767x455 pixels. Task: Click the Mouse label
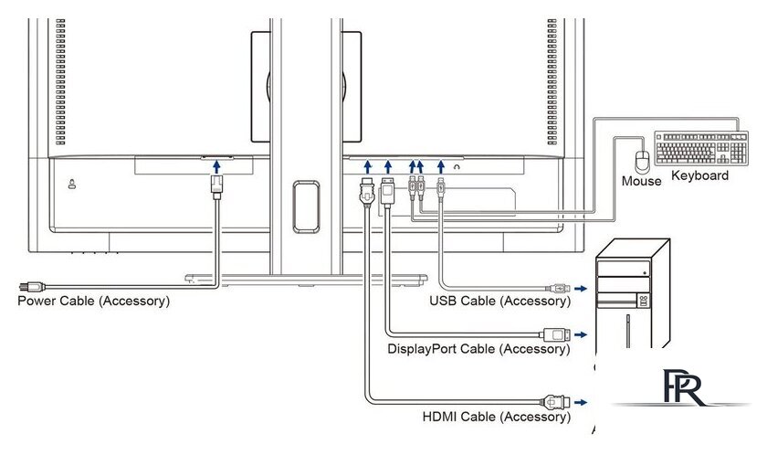[641, 181]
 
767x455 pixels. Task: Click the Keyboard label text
[699, 175]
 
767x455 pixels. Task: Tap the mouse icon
[642, 162]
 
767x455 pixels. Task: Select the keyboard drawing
[701, 148]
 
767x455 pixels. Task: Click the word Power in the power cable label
[37, 301]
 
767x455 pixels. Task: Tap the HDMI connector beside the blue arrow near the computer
[555, 402]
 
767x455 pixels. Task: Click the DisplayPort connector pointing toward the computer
[555, 334]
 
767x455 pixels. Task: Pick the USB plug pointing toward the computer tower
[558, 289]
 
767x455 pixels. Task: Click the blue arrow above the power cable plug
[216, 167]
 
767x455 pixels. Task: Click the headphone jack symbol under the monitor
[457, 167]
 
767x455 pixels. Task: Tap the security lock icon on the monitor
[72, 184]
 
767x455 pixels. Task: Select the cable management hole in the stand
[306, 206]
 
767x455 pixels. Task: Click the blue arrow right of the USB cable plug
[581, 289]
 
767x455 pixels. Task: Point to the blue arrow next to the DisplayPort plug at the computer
[581, 334]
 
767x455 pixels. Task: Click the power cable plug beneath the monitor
[216, 187]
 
